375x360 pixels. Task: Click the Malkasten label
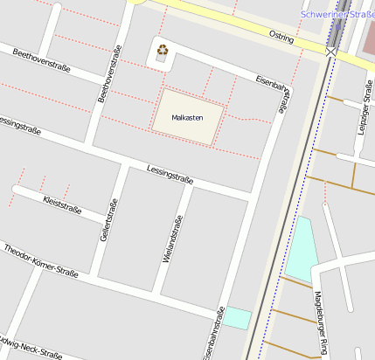pyautogui.click(x=188, y=116)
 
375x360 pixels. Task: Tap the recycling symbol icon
pyautogui.click(x=162, y=50)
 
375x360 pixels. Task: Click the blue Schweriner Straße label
pyautogui.click(x=336, y=15)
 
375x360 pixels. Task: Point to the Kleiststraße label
pyautogui.click(x=62, y=204)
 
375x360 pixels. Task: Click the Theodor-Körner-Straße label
pyautogui.click(x=40, y=261)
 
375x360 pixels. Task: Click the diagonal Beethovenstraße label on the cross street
pyautogui.click(x=41, y=59)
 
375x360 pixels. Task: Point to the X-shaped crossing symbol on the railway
pyautogui.click(x=330, y=52)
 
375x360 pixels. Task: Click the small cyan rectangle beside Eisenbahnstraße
pyautogui.click(x=236, y=317)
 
